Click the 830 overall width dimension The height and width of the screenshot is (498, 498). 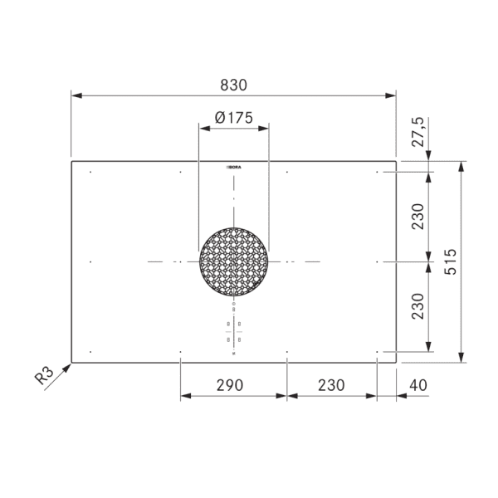234,85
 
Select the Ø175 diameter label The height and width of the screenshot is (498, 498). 233,117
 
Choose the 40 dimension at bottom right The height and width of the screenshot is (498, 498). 418,385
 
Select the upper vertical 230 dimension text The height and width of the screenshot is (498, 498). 417,216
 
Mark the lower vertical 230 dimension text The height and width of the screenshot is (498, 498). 417,307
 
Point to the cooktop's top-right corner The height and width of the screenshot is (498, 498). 396,161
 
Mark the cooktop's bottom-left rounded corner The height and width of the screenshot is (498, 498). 72,362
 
